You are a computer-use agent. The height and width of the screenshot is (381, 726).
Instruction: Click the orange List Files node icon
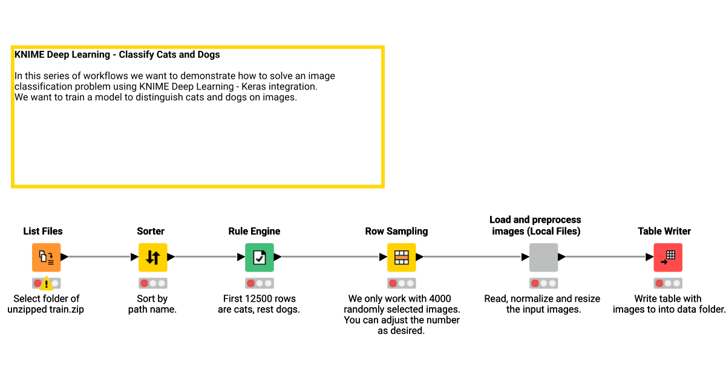point(46,257)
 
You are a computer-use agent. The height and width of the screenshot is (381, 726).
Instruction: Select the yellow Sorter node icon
point(152,257)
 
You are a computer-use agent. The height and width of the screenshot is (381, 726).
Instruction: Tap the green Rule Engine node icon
point(259,257)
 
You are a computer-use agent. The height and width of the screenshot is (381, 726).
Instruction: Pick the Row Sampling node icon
point(401,257)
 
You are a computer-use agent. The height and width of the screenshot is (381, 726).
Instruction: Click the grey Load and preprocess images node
point(543,257)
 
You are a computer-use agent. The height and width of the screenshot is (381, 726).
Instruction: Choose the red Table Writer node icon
point(668,257)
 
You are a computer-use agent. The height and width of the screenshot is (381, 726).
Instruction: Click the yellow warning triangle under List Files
point(47,284)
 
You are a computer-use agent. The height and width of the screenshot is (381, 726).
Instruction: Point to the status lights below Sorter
point(152,283)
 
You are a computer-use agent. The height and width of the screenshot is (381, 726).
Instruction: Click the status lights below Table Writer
point(668,283)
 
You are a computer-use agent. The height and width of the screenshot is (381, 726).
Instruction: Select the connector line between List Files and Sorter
point(99,257)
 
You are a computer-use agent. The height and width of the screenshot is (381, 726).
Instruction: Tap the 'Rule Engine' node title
point(254,231)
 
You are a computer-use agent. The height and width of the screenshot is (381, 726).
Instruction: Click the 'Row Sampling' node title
point(396,231)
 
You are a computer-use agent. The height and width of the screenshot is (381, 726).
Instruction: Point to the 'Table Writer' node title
point(664,231)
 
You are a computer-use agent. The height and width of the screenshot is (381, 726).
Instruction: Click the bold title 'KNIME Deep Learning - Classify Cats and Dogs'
point(117,54)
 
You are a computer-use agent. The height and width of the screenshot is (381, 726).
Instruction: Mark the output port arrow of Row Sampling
point(419,257)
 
